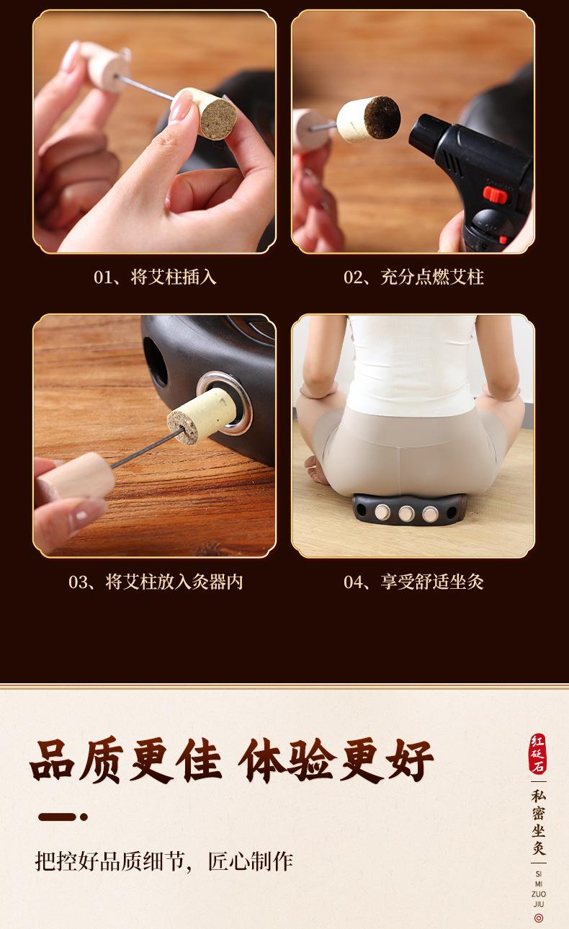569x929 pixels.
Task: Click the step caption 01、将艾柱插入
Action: point(155,277)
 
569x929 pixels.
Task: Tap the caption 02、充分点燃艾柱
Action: point(413,277)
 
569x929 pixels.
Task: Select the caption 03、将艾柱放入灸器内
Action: point(156,582)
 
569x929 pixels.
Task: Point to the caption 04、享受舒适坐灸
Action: point(413,582)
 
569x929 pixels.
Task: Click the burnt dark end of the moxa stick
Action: point(382,117)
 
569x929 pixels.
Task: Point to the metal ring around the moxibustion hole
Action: point(225,403)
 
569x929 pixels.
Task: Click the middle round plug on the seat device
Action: point(406,514)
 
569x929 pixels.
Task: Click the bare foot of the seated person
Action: point(318,469)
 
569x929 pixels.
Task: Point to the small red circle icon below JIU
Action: point(539,918)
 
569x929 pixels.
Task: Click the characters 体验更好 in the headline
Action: point(336,761)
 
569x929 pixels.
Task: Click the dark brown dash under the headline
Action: point(58,817)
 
